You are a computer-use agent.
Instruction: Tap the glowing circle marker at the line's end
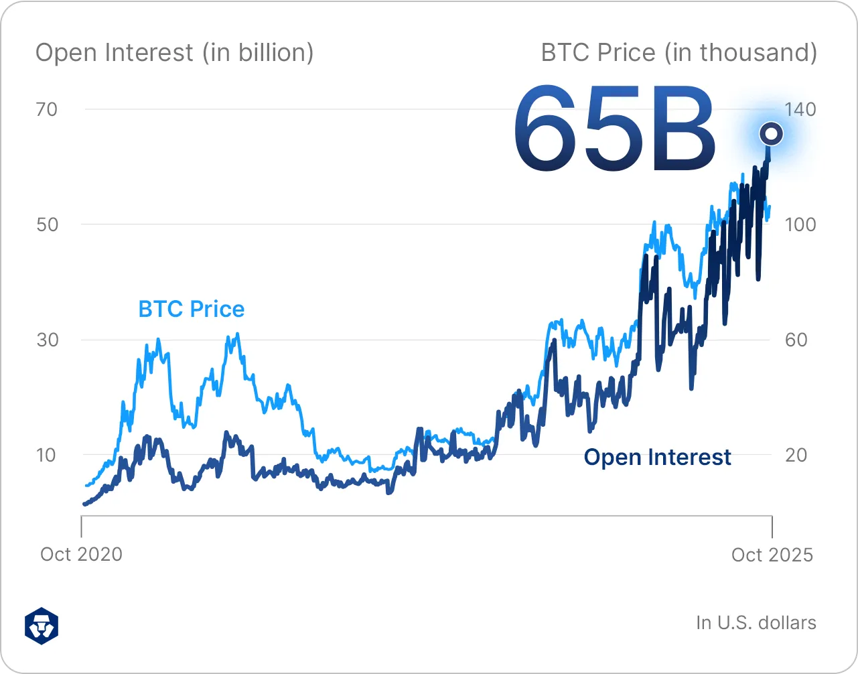click(771, 133)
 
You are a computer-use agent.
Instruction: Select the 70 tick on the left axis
click(47, 109)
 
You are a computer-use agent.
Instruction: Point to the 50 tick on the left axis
click(47, 224)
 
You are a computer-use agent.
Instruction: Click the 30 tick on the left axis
click(47, 340)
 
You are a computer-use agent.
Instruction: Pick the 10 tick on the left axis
click(46, 455)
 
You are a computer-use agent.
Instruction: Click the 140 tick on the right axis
click(800, 109)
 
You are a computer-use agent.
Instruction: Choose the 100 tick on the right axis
click(800, 224)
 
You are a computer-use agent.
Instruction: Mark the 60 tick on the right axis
click(796, 340)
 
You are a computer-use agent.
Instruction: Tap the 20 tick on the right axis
click(796, 455)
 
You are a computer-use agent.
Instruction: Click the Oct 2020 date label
click(81, 555)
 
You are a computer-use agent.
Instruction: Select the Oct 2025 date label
click(772, 555)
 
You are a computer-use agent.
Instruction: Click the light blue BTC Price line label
click(191, 309)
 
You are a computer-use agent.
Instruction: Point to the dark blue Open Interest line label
click(657, 457)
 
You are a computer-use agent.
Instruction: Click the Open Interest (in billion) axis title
click(174, 52)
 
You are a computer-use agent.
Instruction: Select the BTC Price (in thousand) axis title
click(678, 52)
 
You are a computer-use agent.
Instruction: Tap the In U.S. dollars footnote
click(756, 622)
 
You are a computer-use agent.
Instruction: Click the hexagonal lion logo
click(42, 626)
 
